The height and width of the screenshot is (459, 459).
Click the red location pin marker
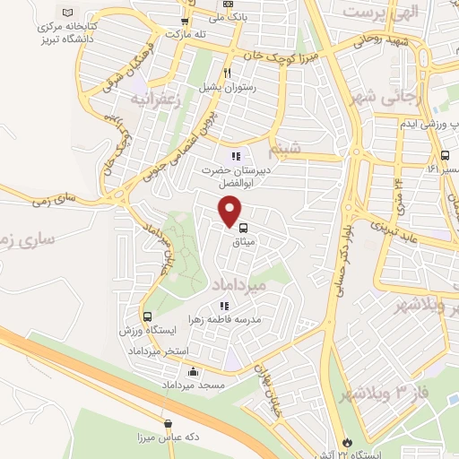click(x=230, y=211)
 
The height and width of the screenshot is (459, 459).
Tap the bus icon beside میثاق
click(x=243, y=228)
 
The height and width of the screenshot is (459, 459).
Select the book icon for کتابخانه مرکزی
click(x=68, y=13)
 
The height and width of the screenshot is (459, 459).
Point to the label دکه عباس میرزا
click(x=169, y=438)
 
